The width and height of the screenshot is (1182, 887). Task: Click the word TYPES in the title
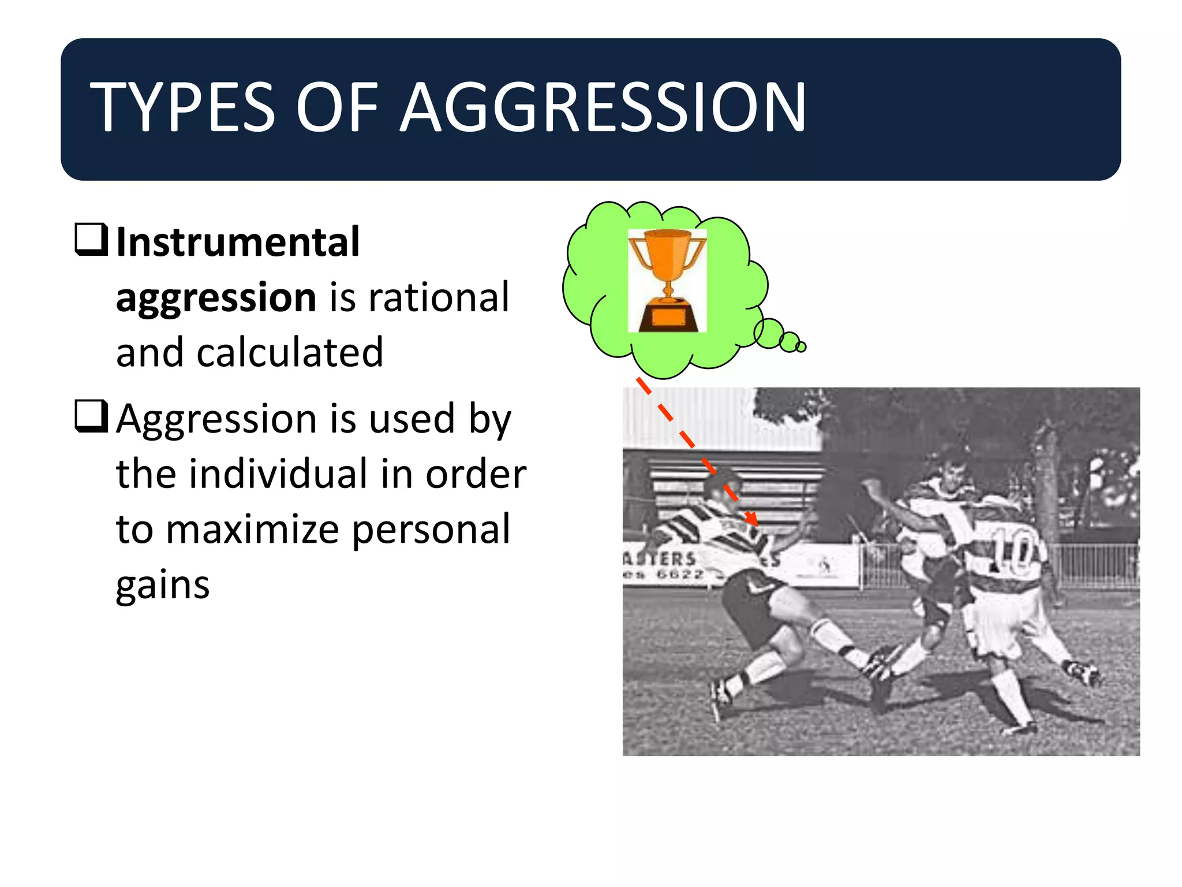[x=182, y=107]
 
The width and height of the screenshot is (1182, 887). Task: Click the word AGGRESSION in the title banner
[x=603, y=107]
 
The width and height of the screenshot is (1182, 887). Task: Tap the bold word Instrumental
[x=238, y=242]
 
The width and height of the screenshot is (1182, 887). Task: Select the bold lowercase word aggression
[x=216, y=297]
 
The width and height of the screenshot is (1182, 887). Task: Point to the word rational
[x=439, y=297]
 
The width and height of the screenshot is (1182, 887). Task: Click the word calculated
[x=290, y=352]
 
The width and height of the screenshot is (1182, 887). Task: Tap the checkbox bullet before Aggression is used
[x=91, y=416]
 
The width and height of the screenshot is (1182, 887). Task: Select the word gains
[x=163, y=584]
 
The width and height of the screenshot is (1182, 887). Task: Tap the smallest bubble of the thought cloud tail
[x=801, y=347]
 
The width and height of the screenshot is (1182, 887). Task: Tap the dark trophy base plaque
[x=667, y=317]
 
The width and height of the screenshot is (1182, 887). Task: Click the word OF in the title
[x=337, y=107]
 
